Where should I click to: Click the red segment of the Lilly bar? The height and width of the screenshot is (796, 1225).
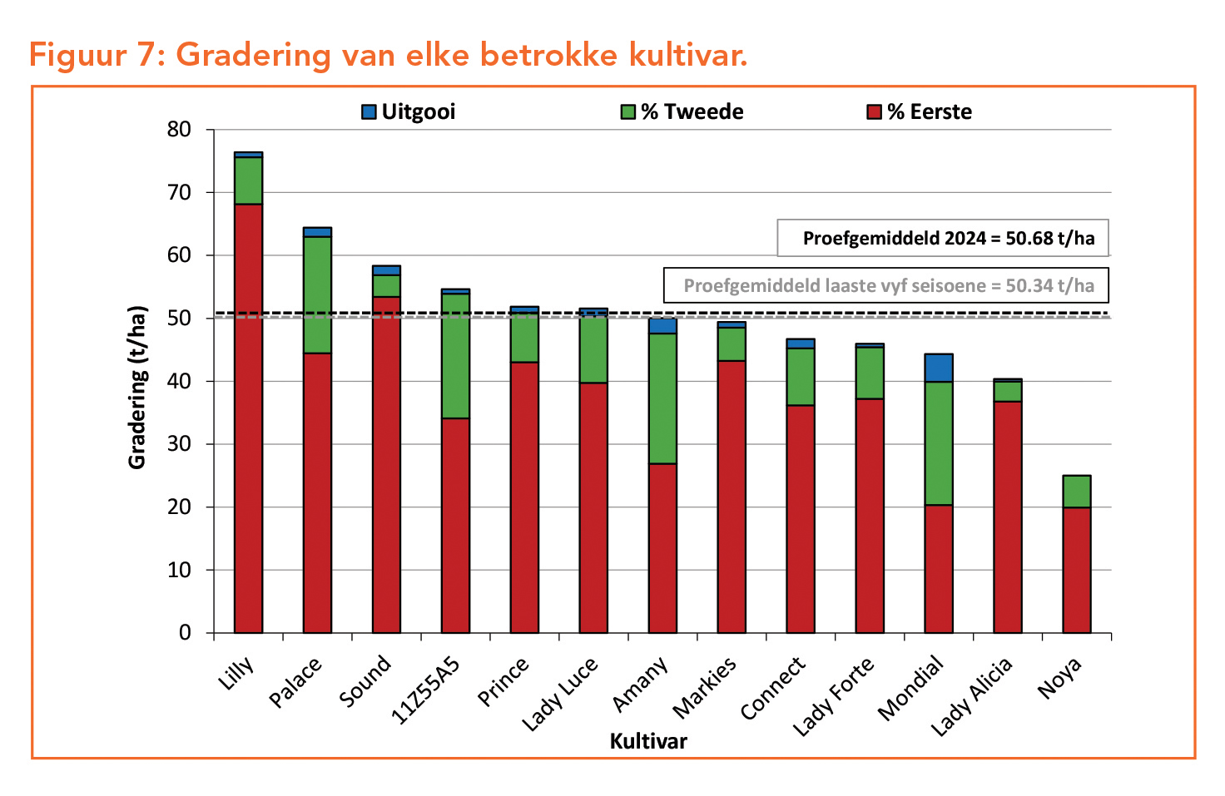coord(248,416)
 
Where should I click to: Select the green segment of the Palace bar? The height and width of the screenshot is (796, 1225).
coord(317,295)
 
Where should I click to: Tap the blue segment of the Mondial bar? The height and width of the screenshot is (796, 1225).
coord(939,368)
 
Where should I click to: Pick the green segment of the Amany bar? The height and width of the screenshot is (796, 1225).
coord(662,398)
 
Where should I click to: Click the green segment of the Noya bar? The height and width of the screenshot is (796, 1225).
coord(1077,492)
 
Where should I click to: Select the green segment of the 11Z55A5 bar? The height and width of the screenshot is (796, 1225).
coord(455,356)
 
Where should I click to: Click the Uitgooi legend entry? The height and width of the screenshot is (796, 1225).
coord(409,111)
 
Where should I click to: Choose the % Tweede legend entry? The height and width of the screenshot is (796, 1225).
coord(682,111)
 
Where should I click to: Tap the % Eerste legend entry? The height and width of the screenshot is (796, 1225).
coord(920,111)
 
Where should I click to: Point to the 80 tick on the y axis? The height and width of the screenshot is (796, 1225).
coord(179,130)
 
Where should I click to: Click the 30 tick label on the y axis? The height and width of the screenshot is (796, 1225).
coord(179,444)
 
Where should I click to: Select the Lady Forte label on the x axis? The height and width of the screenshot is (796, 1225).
coord(833,695)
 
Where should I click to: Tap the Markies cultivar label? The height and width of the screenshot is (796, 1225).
coord(704,687)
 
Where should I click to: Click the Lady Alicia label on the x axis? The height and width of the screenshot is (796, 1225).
coord(971,695)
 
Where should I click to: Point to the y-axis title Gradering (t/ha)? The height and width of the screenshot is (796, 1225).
coord(137,388)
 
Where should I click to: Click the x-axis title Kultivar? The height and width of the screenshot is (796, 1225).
coord(648,741)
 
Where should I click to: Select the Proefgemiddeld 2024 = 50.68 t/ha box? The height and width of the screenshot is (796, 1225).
coord(943,239)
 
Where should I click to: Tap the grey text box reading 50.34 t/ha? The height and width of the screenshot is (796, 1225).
coord(886,286)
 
